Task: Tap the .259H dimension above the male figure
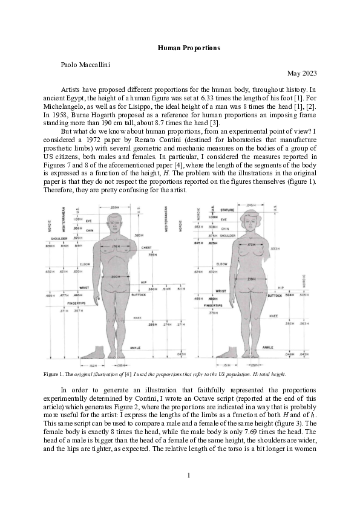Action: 116,207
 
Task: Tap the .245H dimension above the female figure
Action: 252,206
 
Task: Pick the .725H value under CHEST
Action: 153,254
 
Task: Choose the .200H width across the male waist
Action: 116,276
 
